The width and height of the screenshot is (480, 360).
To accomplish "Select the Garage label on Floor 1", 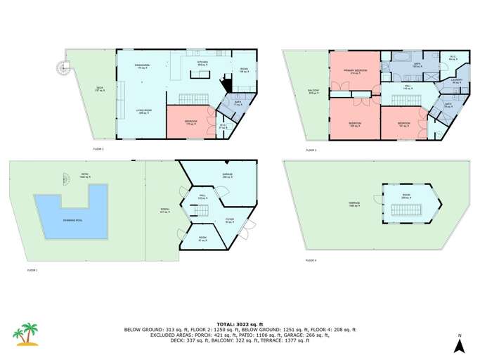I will click(x=227, y=176).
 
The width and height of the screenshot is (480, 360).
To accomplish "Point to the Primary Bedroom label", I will click(x=351, y=72).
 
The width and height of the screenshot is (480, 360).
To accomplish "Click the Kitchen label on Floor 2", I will click(x=202, y=63).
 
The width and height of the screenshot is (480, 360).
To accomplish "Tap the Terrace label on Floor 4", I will click(x=354, y=204).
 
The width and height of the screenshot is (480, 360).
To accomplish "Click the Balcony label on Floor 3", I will click(x=313, y=91).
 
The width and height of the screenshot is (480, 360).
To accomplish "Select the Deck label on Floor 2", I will click(x=100, y=89).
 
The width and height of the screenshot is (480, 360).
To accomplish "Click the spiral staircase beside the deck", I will click(x=65, y=67).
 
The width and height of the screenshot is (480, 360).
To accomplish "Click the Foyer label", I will click(x=229, y=220).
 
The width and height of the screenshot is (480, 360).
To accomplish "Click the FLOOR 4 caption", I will click(x=311, y=261).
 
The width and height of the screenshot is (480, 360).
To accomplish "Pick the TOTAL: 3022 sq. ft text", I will click(x=240, y=324).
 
